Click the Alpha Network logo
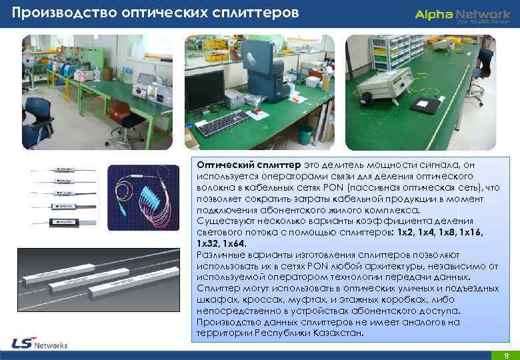[x=461, y=14]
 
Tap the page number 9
[x=507, y=355]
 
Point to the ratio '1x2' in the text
[x=405, y=233]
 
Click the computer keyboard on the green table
[x=223, y=124]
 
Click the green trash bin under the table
[x=304, y=135]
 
